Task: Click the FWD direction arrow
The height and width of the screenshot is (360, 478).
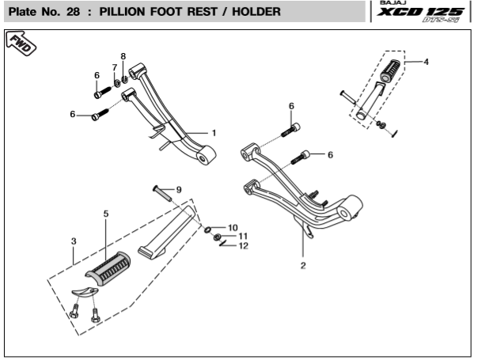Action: pyautogui.click(x=21, y=44)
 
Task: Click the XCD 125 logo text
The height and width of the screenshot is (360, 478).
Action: pyautogui.click(x=420, y=12)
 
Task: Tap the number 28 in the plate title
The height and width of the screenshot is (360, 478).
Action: pyautogui.click(x=73, y=12)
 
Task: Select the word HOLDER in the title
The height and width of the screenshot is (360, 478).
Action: pyautogui.click(x=256, y=12)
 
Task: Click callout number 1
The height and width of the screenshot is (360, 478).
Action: pyautogui.click(x=214, y=133)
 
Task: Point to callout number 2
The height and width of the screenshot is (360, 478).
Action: pyautogui.click(x=303, y=265)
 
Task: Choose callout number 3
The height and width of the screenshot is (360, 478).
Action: pyautogui.click(x=74, y=241)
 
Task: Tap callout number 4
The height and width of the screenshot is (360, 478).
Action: pyautogui.click(x=427, y=62)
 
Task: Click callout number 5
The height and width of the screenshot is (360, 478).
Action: pyautogui.click(x=106, y=214)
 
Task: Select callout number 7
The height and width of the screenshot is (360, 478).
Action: pyautogui.click(x=115, y=67)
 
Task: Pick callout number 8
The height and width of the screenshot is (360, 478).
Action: pyautogui.click(x=123, y=56)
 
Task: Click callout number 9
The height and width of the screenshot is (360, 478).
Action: pyautogui.click(x=179, y=190)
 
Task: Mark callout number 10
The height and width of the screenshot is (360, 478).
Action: pyautogui.click(x=233, y=228)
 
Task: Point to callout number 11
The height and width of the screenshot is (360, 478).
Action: pyautogui.click(x=243, y=237)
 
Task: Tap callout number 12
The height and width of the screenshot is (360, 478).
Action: pyautogui.click(x=243, y=246)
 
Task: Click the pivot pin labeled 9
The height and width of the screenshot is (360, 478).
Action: pyautogui.click(x=161, y=193)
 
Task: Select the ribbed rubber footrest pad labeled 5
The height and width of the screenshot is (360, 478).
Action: pyautogui.click(x=108, y=268)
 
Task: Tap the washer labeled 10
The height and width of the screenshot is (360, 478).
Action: pyautogui.click(x=207, y=229)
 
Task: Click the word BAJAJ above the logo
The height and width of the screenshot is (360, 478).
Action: pyautogui.click(x=393, y=2)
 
